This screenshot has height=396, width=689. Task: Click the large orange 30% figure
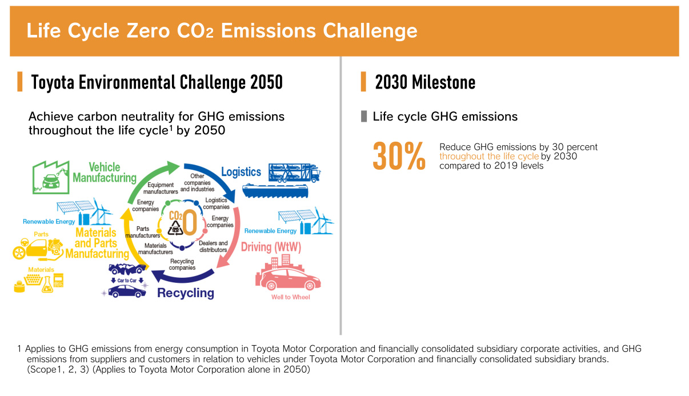click(399, 156)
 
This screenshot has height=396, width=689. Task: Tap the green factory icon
click(51, 177)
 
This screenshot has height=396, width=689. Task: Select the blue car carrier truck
click(294, 173)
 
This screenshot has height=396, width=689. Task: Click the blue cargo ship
click(275, 191)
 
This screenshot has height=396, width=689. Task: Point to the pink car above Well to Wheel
click(288, 279)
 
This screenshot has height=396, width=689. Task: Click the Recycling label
click(186, 293)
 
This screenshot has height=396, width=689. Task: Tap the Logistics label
click(241, 171)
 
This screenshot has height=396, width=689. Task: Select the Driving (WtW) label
click(271, 247)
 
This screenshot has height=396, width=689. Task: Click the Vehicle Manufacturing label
click(105, 173)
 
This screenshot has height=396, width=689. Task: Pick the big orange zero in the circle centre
click(190, 222)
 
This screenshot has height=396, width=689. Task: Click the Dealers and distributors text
click(213, 246)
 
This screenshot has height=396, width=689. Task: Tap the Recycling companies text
click(182, 265)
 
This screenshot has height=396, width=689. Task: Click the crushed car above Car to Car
click(127, 269)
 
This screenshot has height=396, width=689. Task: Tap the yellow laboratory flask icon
click(47, 285)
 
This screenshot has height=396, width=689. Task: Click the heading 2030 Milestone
click(425, 82)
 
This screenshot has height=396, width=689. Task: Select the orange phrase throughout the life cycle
click(489, 157)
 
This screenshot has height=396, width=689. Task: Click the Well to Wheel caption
click(291, 297)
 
